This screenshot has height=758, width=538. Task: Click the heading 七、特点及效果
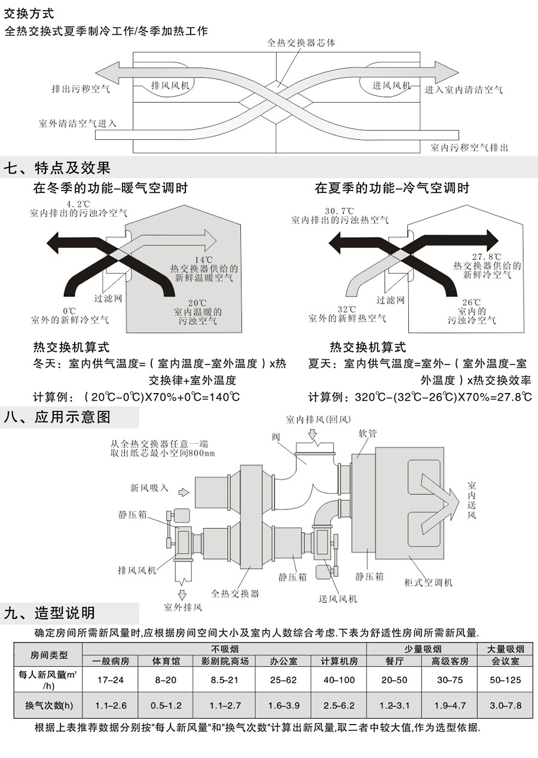pyautogui.click(x=57, y=168)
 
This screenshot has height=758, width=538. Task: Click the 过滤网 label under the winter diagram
pyautogui.click(x=108, y=297)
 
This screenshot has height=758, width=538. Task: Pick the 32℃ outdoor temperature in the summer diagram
pyautogui.click(x=347, y=309)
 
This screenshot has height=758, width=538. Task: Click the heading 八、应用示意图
pyautogui.click(x=57, y=416)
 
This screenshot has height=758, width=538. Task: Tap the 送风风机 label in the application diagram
pyautogui.click(x=338, y=599)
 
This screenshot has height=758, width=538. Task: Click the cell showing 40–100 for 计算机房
pyautogui.click(x=339, y=680)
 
